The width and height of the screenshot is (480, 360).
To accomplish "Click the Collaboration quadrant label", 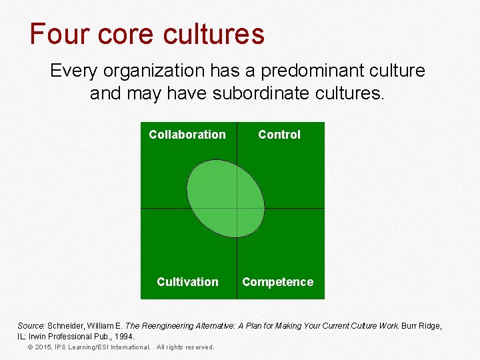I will coord(187,135).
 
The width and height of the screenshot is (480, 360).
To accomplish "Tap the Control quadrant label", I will coord(279,135).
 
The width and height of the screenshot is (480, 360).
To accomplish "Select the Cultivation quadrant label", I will coord(187,282).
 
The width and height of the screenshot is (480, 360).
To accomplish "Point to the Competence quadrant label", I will coord(277,282).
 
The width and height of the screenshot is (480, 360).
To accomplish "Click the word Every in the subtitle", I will coord(73,71).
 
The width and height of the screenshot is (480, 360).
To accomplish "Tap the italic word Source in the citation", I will coord(31,325).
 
